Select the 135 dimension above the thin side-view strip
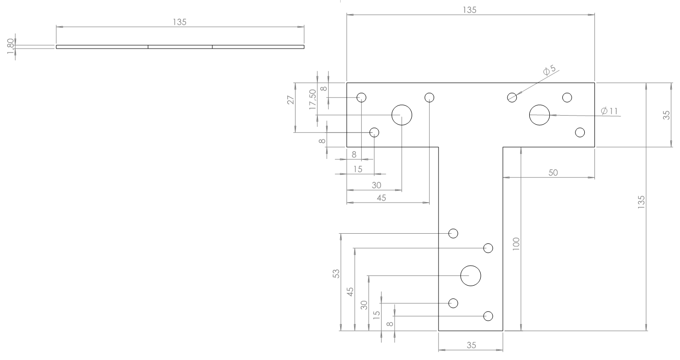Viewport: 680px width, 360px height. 180,22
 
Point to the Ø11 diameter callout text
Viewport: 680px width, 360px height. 610,111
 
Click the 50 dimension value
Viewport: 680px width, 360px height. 553,172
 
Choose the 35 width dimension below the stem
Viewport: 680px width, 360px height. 471,345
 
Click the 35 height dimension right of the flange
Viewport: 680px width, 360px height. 666,115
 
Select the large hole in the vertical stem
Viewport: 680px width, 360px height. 471,275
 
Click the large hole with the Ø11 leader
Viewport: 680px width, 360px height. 540,115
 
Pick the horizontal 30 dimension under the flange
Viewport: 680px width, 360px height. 376,185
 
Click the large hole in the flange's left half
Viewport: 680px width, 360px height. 402,115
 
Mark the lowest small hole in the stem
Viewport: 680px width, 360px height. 488,316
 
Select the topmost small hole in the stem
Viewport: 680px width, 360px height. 453,233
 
